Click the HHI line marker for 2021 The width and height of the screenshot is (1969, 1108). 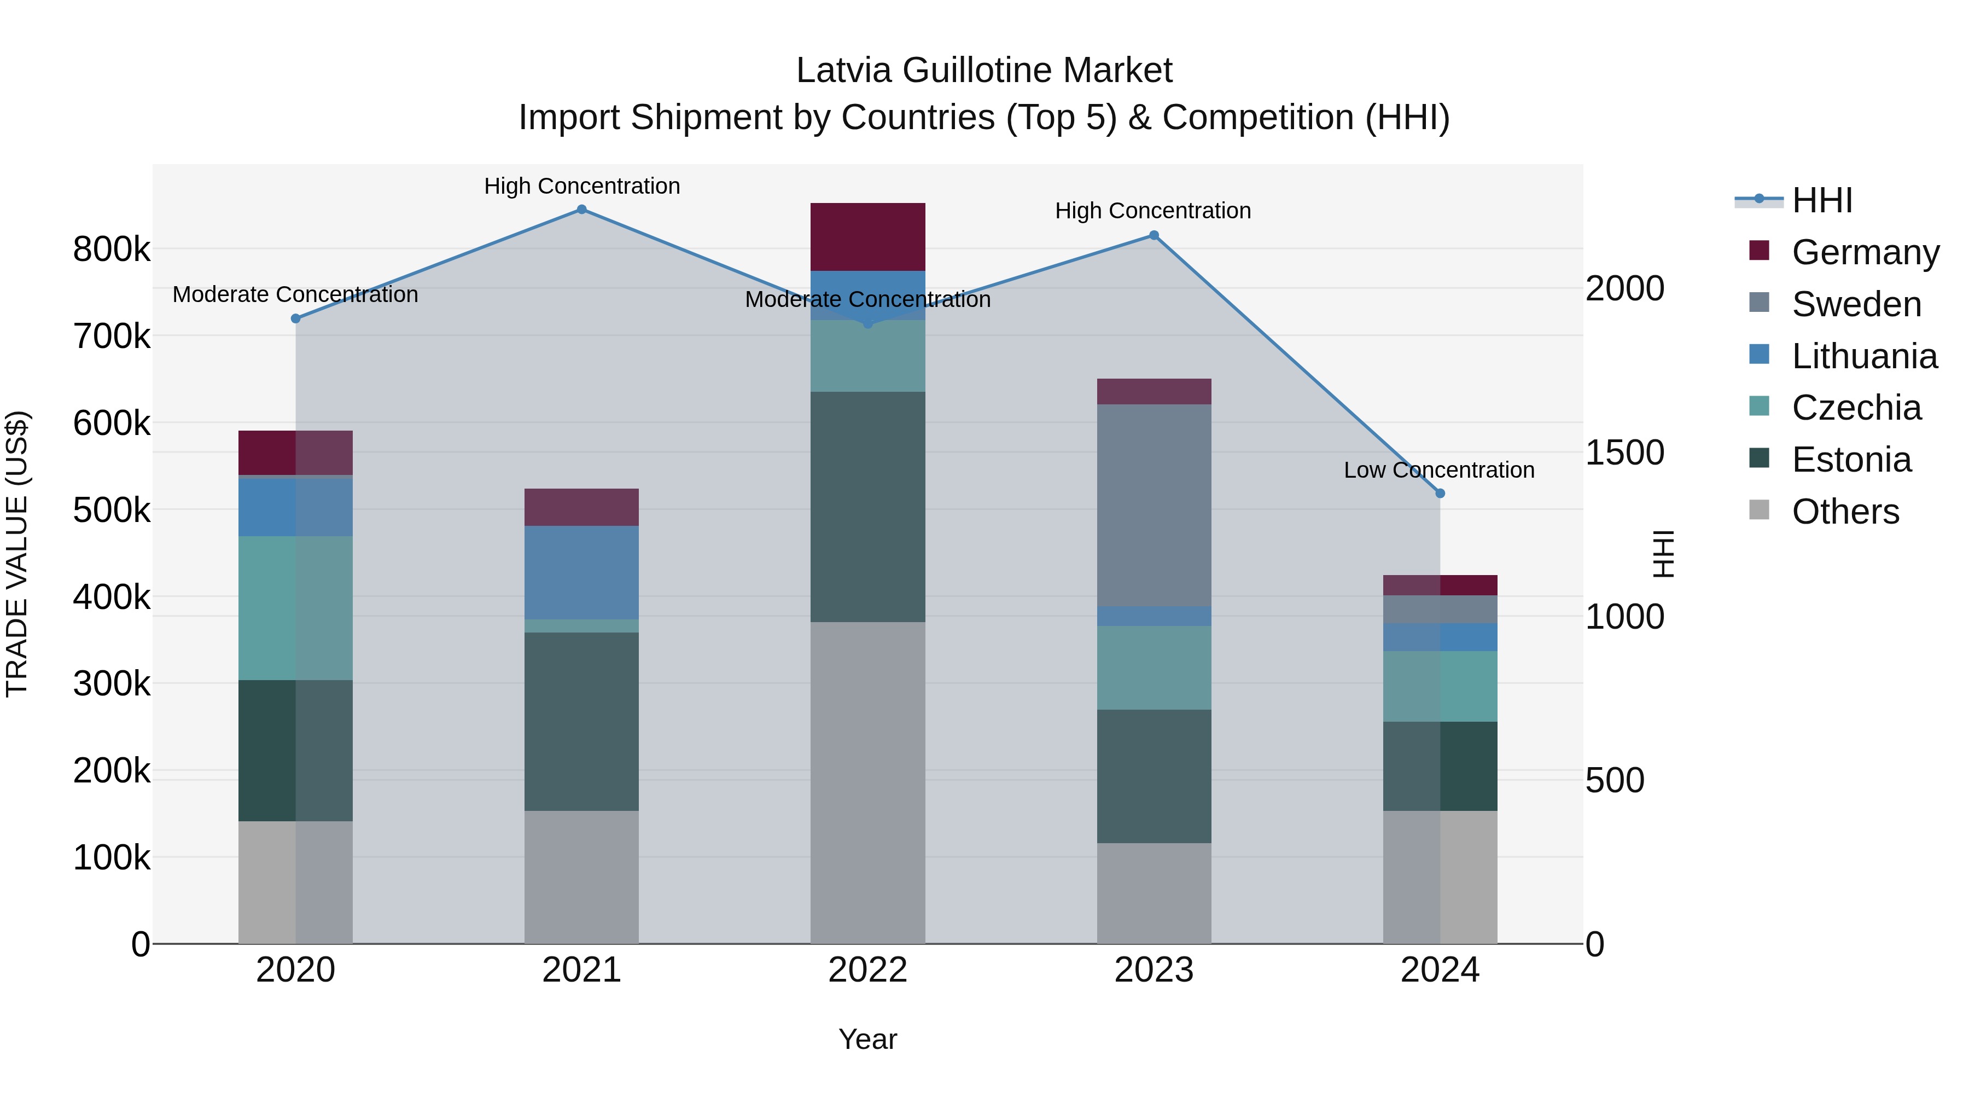click(x=582, y=210)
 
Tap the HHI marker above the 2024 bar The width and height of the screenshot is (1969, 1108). click(x=1440, y=493)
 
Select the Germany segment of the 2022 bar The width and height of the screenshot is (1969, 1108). click(x=867, y=237)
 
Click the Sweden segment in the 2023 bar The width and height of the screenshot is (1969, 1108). click(x=1154, y=504)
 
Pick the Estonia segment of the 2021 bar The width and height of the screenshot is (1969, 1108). click(x=582, y=721)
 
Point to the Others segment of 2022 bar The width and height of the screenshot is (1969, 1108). click(x=867, y=782)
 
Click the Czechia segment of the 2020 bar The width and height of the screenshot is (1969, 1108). click(x=296, y=608)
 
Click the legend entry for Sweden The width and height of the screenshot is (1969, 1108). click(x=1856, y=304)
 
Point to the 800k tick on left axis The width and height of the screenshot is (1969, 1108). click(x=112, y=250)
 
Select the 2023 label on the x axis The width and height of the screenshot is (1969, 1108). click(x=1154, y=970)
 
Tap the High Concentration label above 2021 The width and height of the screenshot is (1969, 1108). click(x=582, y=186)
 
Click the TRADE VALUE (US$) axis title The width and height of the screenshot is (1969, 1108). click(x=17, y=554)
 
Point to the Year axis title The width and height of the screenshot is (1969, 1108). click(x=867, y=1039)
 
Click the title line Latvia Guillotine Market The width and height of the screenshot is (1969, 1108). click(x=984, y=71)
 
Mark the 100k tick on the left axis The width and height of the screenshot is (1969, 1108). click(x=112, y=858)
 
